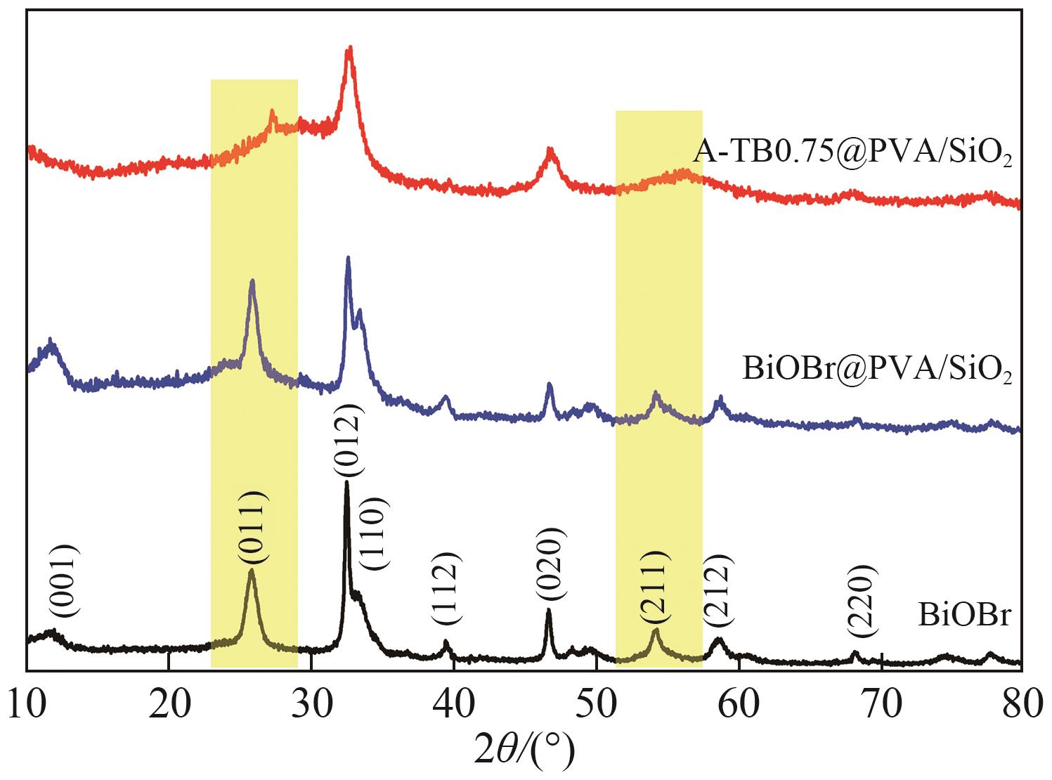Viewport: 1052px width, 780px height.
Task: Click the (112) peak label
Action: point(446,589)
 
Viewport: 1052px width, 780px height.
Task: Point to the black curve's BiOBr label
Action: point(965,616)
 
